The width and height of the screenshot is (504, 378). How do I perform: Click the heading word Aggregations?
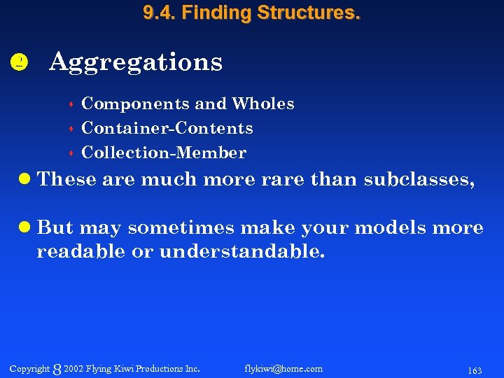136,62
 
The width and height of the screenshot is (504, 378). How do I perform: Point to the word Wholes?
263,104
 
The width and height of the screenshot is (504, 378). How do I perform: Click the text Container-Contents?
167,128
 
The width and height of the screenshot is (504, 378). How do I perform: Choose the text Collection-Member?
164,153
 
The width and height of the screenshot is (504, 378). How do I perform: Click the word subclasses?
419,180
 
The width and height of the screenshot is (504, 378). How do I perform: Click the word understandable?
242,252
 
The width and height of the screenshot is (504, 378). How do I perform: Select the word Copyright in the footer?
29,368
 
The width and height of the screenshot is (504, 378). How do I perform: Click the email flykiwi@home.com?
283,368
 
